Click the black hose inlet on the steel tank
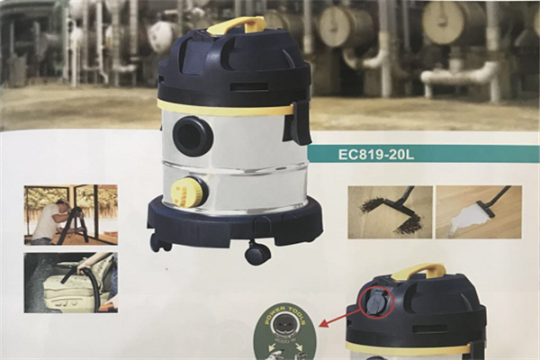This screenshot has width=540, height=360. pyautogui.click(x=192, y=136)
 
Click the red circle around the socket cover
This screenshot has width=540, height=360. pyautogui.click(x=376, y=301)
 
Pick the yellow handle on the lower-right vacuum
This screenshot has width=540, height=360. pyautogui.click(x=418, y=270)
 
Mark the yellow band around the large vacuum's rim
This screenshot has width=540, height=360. pyautogui.click(x=225, y=107)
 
